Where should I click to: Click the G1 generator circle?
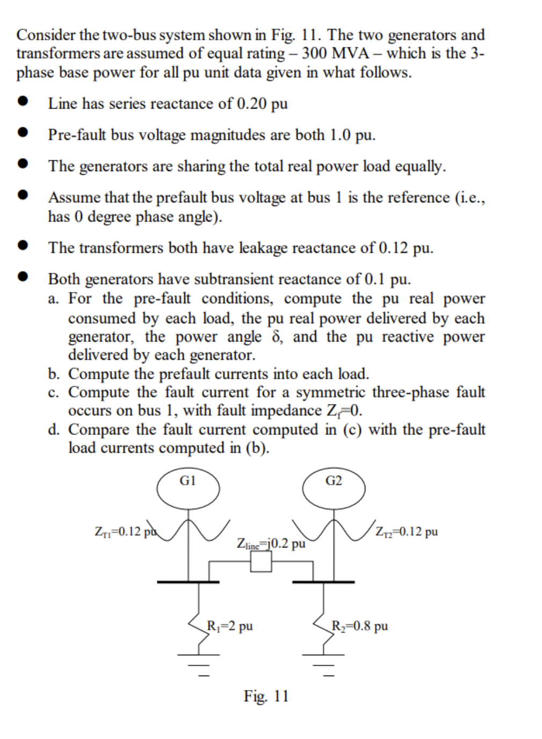click(x=187, y=488)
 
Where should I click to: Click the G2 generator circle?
click(x=334, y=488)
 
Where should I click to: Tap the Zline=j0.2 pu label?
click(x=271, y=543)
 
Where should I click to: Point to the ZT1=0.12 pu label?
click(x=125, y=531)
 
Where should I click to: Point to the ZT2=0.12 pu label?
click(x=407, y=531)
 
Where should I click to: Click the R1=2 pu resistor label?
click(x=230, y=626)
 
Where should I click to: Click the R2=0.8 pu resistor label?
click(x=360, y=626)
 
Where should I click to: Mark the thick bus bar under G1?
click(x=188, y=581)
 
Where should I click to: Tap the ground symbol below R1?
click(x=199, y=664)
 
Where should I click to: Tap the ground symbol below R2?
click(x=323, y=664)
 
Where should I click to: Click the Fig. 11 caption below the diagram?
click(x=266, y=696)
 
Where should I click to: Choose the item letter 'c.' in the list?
click(x=54, y=393)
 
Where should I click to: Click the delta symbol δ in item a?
click(x=277, y=337)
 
